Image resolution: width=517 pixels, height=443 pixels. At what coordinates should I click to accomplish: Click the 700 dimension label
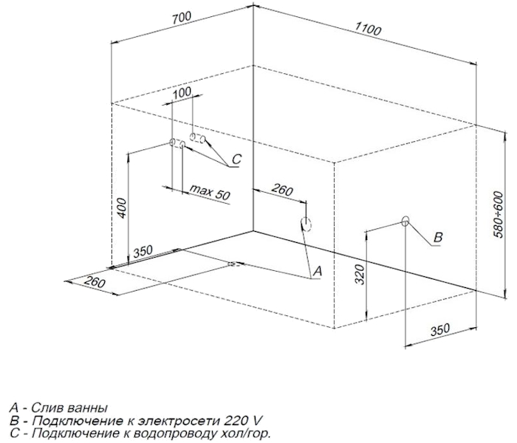182,18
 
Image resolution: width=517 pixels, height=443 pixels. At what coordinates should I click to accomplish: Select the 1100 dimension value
368,29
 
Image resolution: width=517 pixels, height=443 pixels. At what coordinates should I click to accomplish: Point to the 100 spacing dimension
182,92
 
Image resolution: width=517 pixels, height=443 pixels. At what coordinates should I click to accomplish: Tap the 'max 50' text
210,193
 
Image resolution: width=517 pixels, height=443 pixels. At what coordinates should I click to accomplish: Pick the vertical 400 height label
121,207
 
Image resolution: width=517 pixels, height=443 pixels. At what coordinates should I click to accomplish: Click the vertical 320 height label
360,274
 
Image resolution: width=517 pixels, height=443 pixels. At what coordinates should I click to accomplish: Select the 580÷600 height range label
499,214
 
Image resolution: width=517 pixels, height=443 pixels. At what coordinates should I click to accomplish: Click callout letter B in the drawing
438,237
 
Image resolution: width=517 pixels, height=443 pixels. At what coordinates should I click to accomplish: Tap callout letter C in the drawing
236,159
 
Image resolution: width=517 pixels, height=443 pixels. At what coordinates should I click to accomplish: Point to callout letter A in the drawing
317,271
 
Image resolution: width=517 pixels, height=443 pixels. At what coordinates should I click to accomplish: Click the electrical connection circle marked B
405,221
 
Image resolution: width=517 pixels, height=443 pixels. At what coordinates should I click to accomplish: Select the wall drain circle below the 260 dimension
306,224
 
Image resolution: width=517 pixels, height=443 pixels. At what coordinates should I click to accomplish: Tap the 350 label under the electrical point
440,329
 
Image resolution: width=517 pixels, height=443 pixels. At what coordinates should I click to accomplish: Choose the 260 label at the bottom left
95,282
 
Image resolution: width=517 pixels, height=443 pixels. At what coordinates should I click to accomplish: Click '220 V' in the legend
243,421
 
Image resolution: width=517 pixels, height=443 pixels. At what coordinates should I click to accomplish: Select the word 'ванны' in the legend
87,408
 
